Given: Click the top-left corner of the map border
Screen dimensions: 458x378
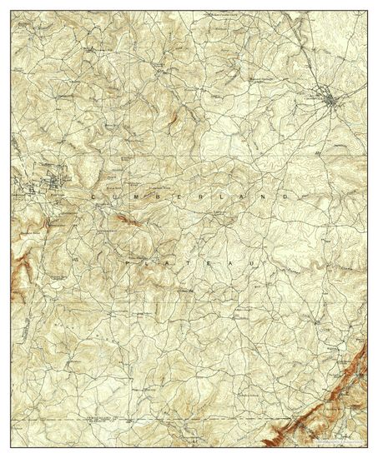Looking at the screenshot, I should (x=12, y=12).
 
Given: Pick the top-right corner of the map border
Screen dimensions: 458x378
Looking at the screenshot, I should (x=367, y=12).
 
